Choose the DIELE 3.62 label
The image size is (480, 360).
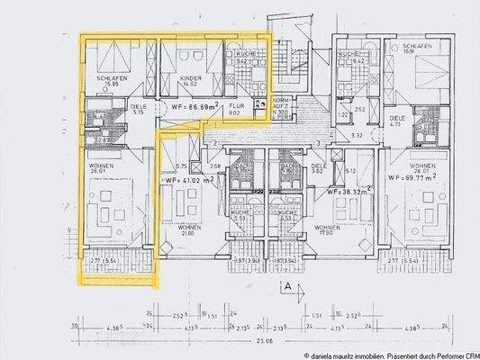(x=317, y=167)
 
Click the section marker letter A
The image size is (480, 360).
(x=285, y=287)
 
